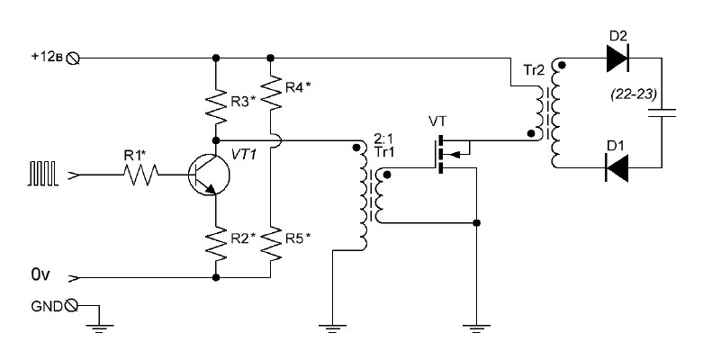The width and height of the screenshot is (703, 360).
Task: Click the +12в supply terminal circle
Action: click(x=73, y=58)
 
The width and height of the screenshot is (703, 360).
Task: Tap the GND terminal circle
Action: click(x=71, y=306)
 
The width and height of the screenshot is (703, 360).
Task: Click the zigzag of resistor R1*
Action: click(x=140, y=175)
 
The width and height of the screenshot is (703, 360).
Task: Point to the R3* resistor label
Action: click(x=243, y=102)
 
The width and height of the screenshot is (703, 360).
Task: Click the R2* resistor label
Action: click(x=243, y=238)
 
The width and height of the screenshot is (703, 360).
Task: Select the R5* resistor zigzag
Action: click(x=270, y=244)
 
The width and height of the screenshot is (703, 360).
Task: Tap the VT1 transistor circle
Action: click(x=209, y=175)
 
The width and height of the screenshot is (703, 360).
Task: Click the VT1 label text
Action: click(x=244, y=155)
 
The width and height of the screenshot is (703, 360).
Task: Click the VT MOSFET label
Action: click(x=437, y=121)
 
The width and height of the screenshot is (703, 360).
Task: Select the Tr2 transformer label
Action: click(x=534, y=70)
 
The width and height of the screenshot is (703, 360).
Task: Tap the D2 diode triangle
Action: click(x=617, y=58)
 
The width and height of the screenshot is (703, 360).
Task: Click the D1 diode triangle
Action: click(x=617, y=167)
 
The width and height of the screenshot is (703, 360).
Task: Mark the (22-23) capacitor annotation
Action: click(x=633, y=95)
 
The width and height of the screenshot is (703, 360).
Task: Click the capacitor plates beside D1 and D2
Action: click(x=662, y=112)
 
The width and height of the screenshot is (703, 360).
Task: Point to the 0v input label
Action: click(x=41, y=274)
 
